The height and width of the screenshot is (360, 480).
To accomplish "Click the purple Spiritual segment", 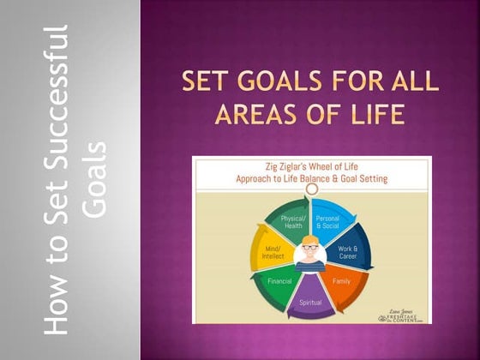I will tap(310, 301).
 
